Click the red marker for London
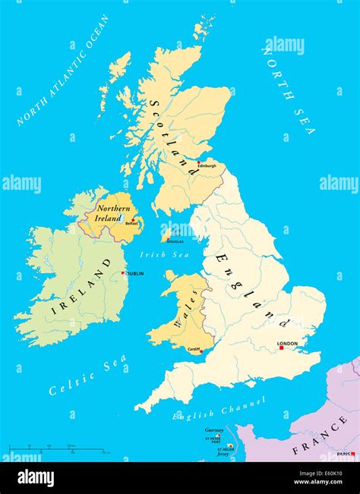[279, 348]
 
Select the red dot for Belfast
[134, 220]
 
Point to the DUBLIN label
[134, 273]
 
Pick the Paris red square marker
[352, 454]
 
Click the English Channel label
[219, 410]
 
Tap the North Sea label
[287, 89]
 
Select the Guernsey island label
[213, 430]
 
